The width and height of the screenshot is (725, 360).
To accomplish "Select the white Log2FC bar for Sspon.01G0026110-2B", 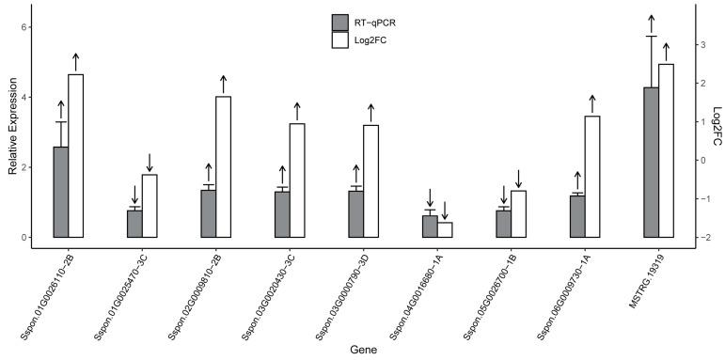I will [76, 155].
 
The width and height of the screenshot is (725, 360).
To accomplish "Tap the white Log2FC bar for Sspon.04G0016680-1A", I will [445, 229].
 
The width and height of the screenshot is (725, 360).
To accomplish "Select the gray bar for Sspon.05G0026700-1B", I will [504, 224].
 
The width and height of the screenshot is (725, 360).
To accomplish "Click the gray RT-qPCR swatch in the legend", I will [340, 23].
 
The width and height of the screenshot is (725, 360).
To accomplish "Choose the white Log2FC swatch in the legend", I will [340, 40].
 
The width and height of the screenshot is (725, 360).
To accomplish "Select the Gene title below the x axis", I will [362, 350].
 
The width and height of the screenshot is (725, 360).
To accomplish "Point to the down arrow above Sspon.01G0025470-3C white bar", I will [150, 162].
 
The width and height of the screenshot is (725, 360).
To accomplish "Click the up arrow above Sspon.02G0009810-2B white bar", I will [223, 84].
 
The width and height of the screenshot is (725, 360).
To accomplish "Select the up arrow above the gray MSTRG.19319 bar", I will [651, 23].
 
